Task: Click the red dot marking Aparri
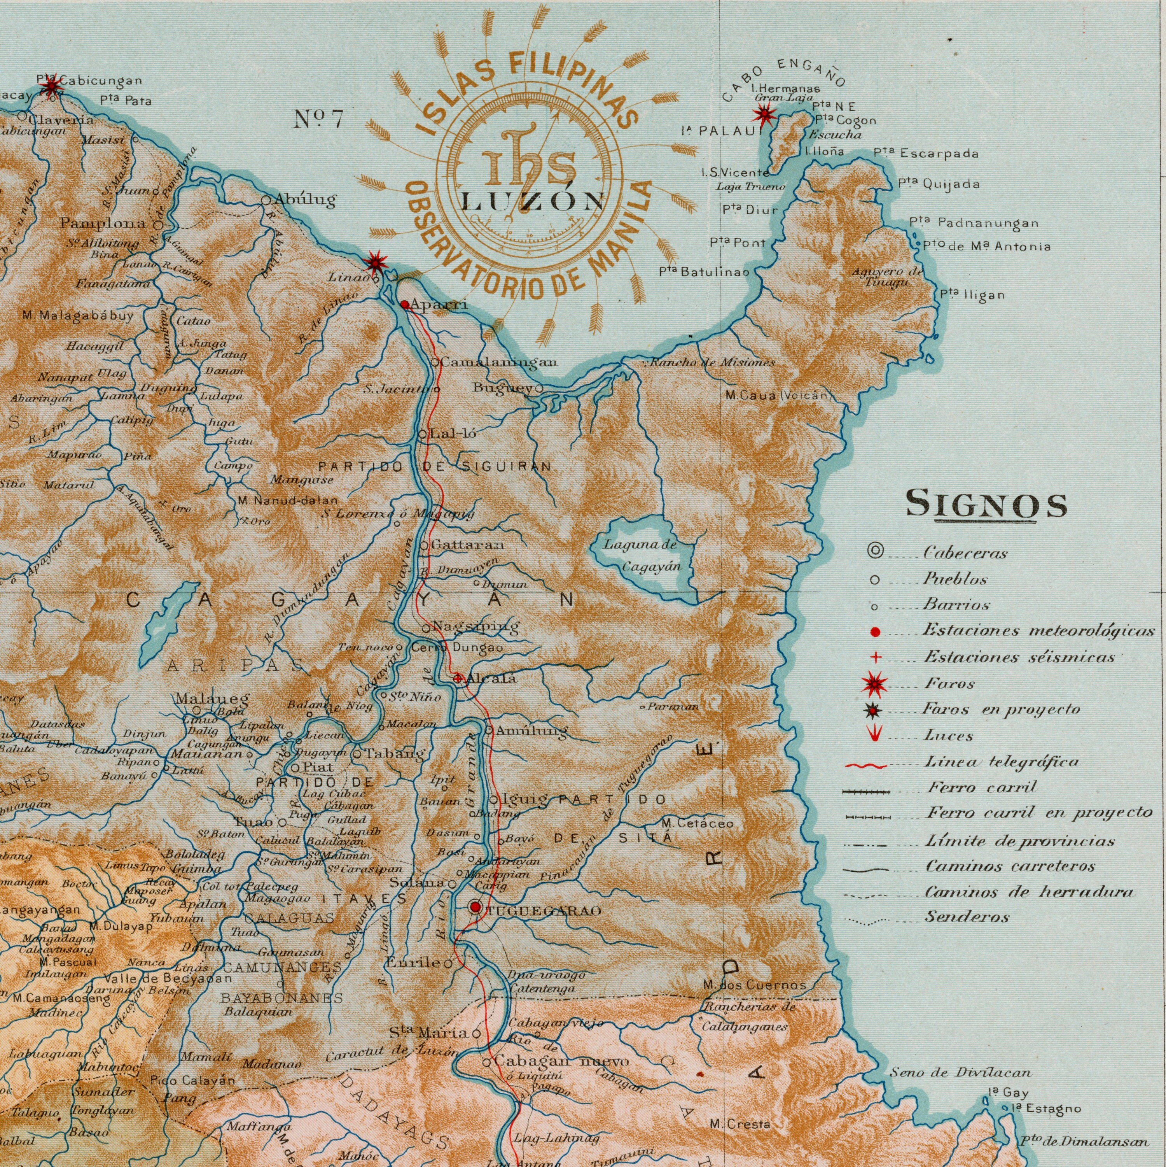(x=405, y=305)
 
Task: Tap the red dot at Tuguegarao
(x=476, y=907)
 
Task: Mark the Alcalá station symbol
(x=458, y=679)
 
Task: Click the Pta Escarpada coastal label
(x=926, y=154)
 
